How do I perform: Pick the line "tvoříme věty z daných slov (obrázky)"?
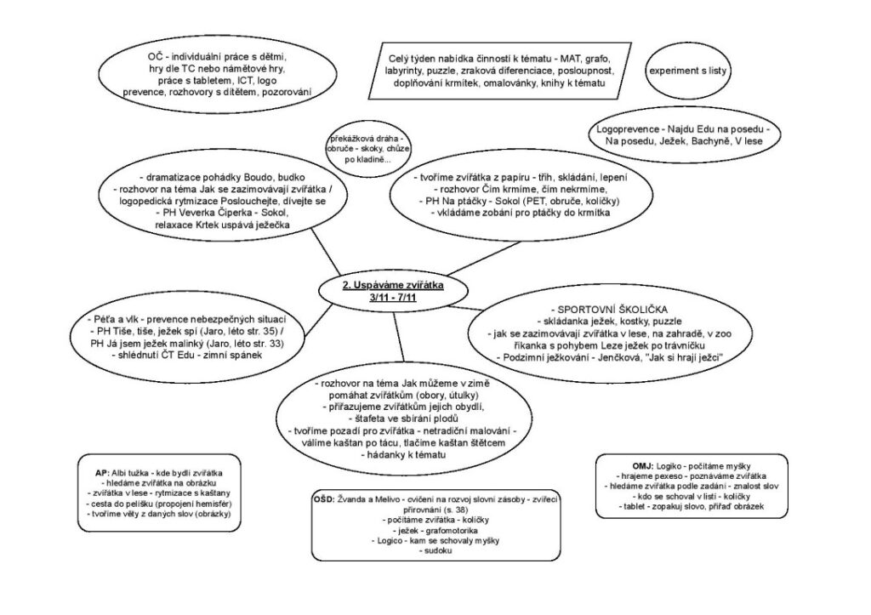[x=162, y=515]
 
